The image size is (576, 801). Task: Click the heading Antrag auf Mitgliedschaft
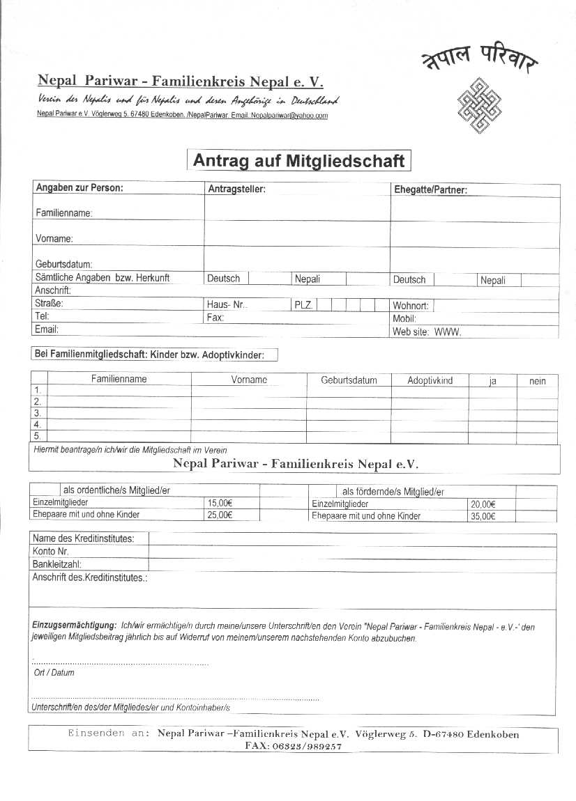(x=298, y=161)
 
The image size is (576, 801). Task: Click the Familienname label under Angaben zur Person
(x=63, y=213)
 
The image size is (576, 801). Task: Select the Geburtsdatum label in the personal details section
(x=63, y=264)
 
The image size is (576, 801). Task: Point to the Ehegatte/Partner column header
(x=430, y=189)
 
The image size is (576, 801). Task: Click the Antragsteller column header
(x=236, y=189)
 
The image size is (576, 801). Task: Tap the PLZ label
(x=303, y=305)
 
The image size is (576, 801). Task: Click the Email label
(x=47, y=329)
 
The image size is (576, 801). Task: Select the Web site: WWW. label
(x=427, y=332)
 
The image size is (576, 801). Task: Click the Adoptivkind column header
(x=430, y=380)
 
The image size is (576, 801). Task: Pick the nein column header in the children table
(x=537, y=381)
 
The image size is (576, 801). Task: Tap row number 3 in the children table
(x=38, y=413)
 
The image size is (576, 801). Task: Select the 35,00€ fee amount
(x=483, y=516)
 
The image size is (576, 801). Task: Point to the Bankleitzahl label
(x=56, y=563)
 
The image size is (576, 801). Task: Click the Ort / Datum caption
(x=54, y=673)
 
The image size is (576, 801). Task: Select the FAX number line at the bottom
(x=293, y=746)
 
